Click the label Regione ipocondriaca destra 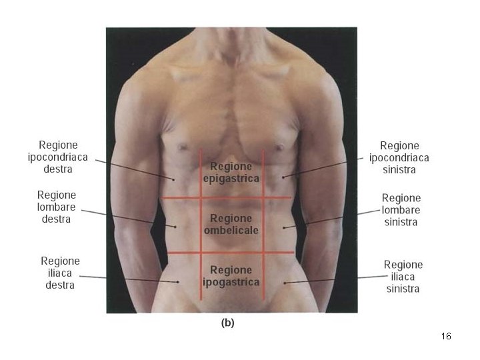pyautogui.click(x=58, y=157)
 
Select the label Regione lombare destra pyautogui.click(x=57, y=207)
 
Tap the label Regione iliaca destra pyautogui.click(x=60, y=273)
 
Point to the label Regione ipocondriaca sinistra pyautogui.click(x=399, y=157)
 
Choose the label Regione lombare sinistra pyautogui.click(x=401, y=210)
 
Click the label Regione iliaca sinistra pyautogui.click(x=403, y=277)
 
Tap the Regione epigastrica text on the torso pyautogui.click(x=231, y=172)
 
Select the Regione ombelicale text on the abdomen pyautogui.click(x=231, y=224)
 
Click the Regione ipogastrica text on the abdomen pyautogui.click(x=231, y=276)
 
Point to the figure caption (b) pyautogui.click(x=227, y=323)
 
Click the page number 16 pyautogui.click(x=446, y=337)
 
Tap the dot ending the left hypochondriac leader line pyautogui.click(x=283, y=177)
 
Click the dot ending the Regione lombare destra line pyautogui.click(x=175, y=227)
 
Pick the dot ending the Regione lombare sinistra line pyautogui.click(x=285, y=227)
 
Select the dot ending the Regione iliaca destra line pyautogui.click(x=178, y=281)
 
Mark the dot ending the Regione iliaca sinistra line pyautogui.click(x=286, y=283)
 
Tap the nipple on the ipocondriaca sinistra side pyautogui.click(x=280, y=146)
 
